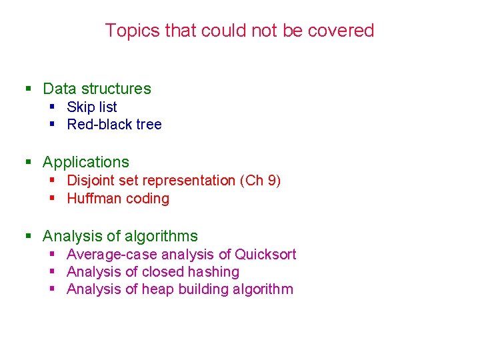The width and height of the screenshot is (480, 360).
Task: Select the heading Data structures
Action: (97, 89)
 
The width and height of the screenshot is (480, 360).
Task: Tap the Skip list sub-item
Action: (92, 107)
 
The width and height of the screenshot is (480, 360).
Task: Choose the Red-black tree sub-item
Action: (114, 125)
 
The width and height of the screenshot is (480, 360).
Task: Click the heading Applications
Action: (86, 162)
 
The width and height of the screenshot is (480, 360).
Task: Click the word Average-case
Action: (108, 255)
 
